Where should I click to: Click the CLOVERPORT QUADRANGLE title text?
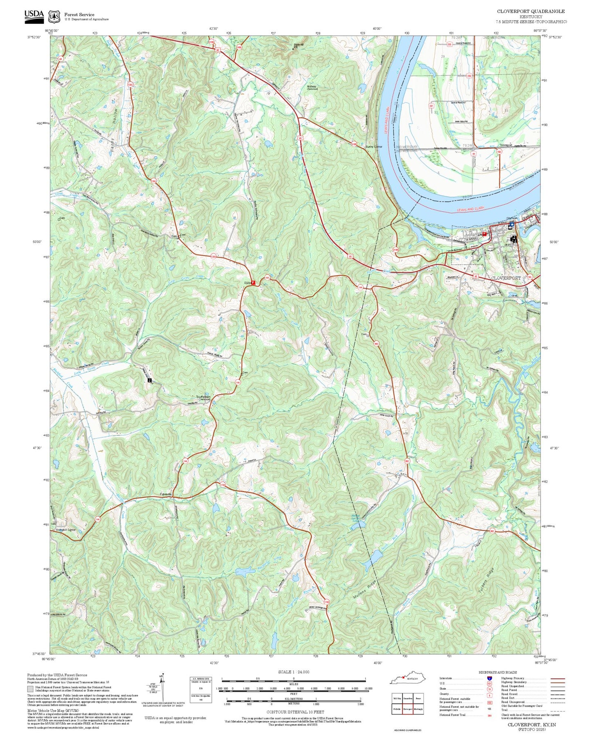tap(531, 11)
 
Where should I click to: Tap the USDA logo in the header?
tap(34, 15)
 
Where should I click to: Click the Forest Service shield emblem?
tap(54, 16)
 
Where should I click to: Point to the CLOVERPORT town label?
tap(506, 278)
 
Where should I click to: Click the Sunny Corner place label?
tap(374, 146)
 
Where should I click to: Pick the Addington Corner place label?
tap(66, 530)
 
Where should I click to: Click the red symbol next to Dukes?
tap(253, 283)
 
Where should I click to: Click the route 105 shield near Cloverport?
tap(530, 277)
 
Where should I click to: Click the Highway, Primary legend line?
tap(557, 678)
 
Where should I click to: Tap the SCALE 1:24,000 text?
tap(293, 672)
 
